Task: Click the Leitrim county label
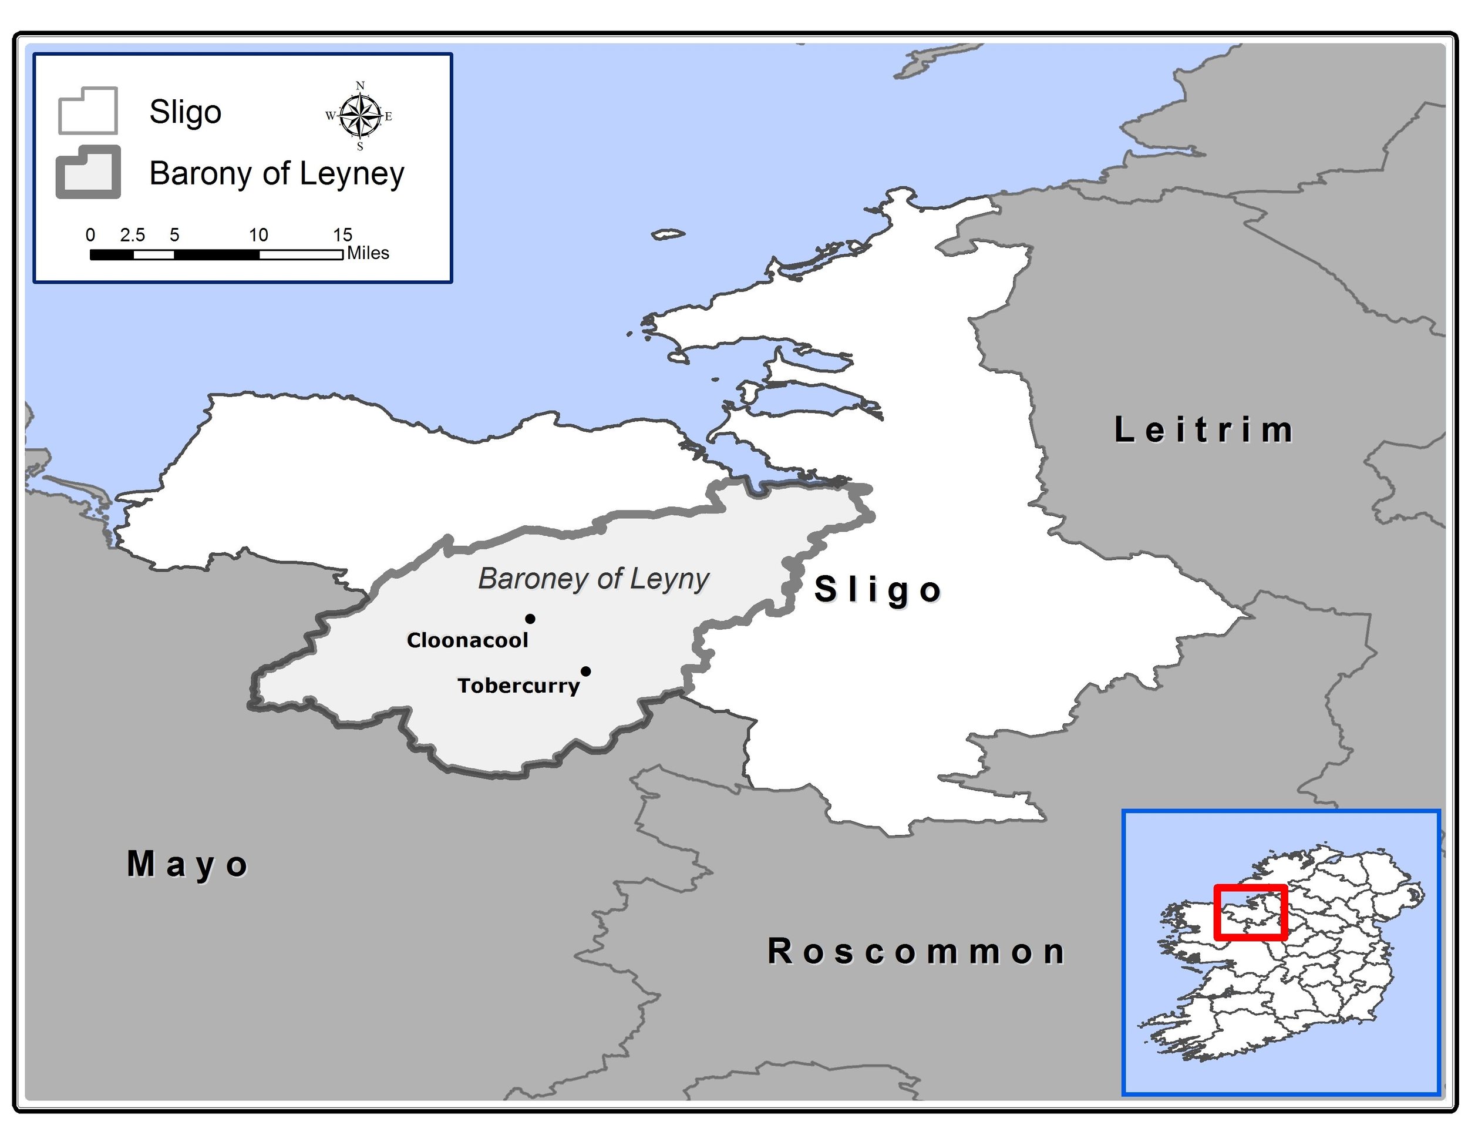(1203, 431)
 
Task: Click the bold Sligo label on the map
(878, 590)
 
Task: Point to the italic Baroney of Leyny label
(593, 579)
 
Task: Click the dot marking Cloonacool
(530, 619)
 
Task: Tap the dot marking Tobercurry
(586, 671)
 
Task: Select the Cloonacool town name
(467, 640)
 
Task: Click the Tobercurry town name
(518, 686)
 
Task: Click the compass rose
(361, 116)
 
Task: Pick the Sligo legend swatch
(88, 111)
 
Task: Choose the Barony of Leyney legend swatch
(88, 172)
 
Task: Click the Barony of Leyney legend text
(277, 173)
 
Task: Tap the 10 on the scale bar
(258, 234)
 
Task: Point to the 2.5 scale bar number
(133, 234)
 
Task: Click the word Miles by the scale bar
(368, 253)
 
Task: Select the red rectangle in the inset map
(1250, 912)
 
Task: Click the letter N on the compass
(361, 85)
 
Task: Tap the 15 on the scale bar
(342, 234)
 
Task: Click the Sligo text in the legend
(185, 112)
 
